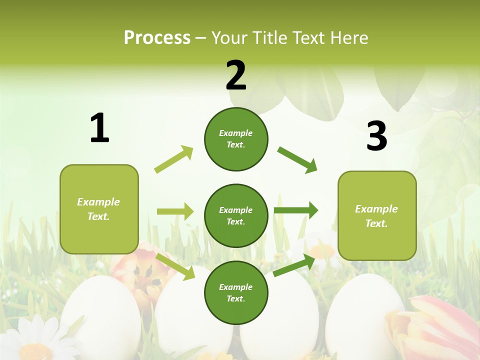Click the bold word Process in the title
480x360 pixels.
coord(157,38)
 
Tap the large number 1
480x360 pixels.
coord(99,128)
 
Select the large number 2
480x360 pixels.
coord(236,75)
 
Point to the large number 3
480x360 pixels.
coord(376,136)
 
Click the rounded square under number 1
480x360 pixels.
coord(99,209)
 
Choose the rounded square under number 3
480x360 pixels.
coord(377,215)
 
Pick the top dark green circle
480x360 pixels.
coord(236,139)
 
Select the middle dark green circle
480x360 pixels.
coord(236,215)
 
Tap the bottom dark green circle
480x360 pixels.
coord(236,292)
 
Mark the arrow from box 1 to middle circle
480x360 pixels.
coord(175,211)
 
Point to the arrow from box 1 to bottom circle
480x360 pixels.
coord(175,266)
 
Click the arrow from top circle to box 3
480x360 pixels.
coord(297,159)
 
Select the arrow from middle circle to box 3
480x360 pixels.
coord(296,210)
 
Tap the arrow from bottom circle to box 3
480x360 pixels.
coord(294,264)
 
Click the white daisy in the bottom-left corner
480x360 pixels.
coord(35,340)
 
